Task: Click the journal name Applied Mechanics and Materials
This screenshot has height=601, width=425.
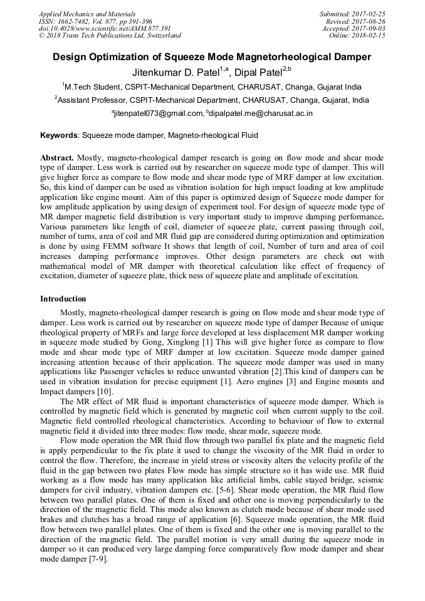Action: pos(87,14)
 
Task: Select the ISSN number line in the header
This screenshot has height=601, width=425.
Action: pos(96,21)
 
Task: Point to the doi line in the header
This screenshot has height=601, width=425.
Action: pos(105,28)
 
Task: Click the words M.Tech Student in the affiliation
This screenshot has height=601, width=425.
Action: pos(91,86)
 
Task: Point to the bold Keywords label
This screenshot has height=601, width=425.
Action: pos(60,135)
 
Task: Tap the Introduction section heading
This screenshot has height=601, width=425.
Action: pos(63,299)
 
